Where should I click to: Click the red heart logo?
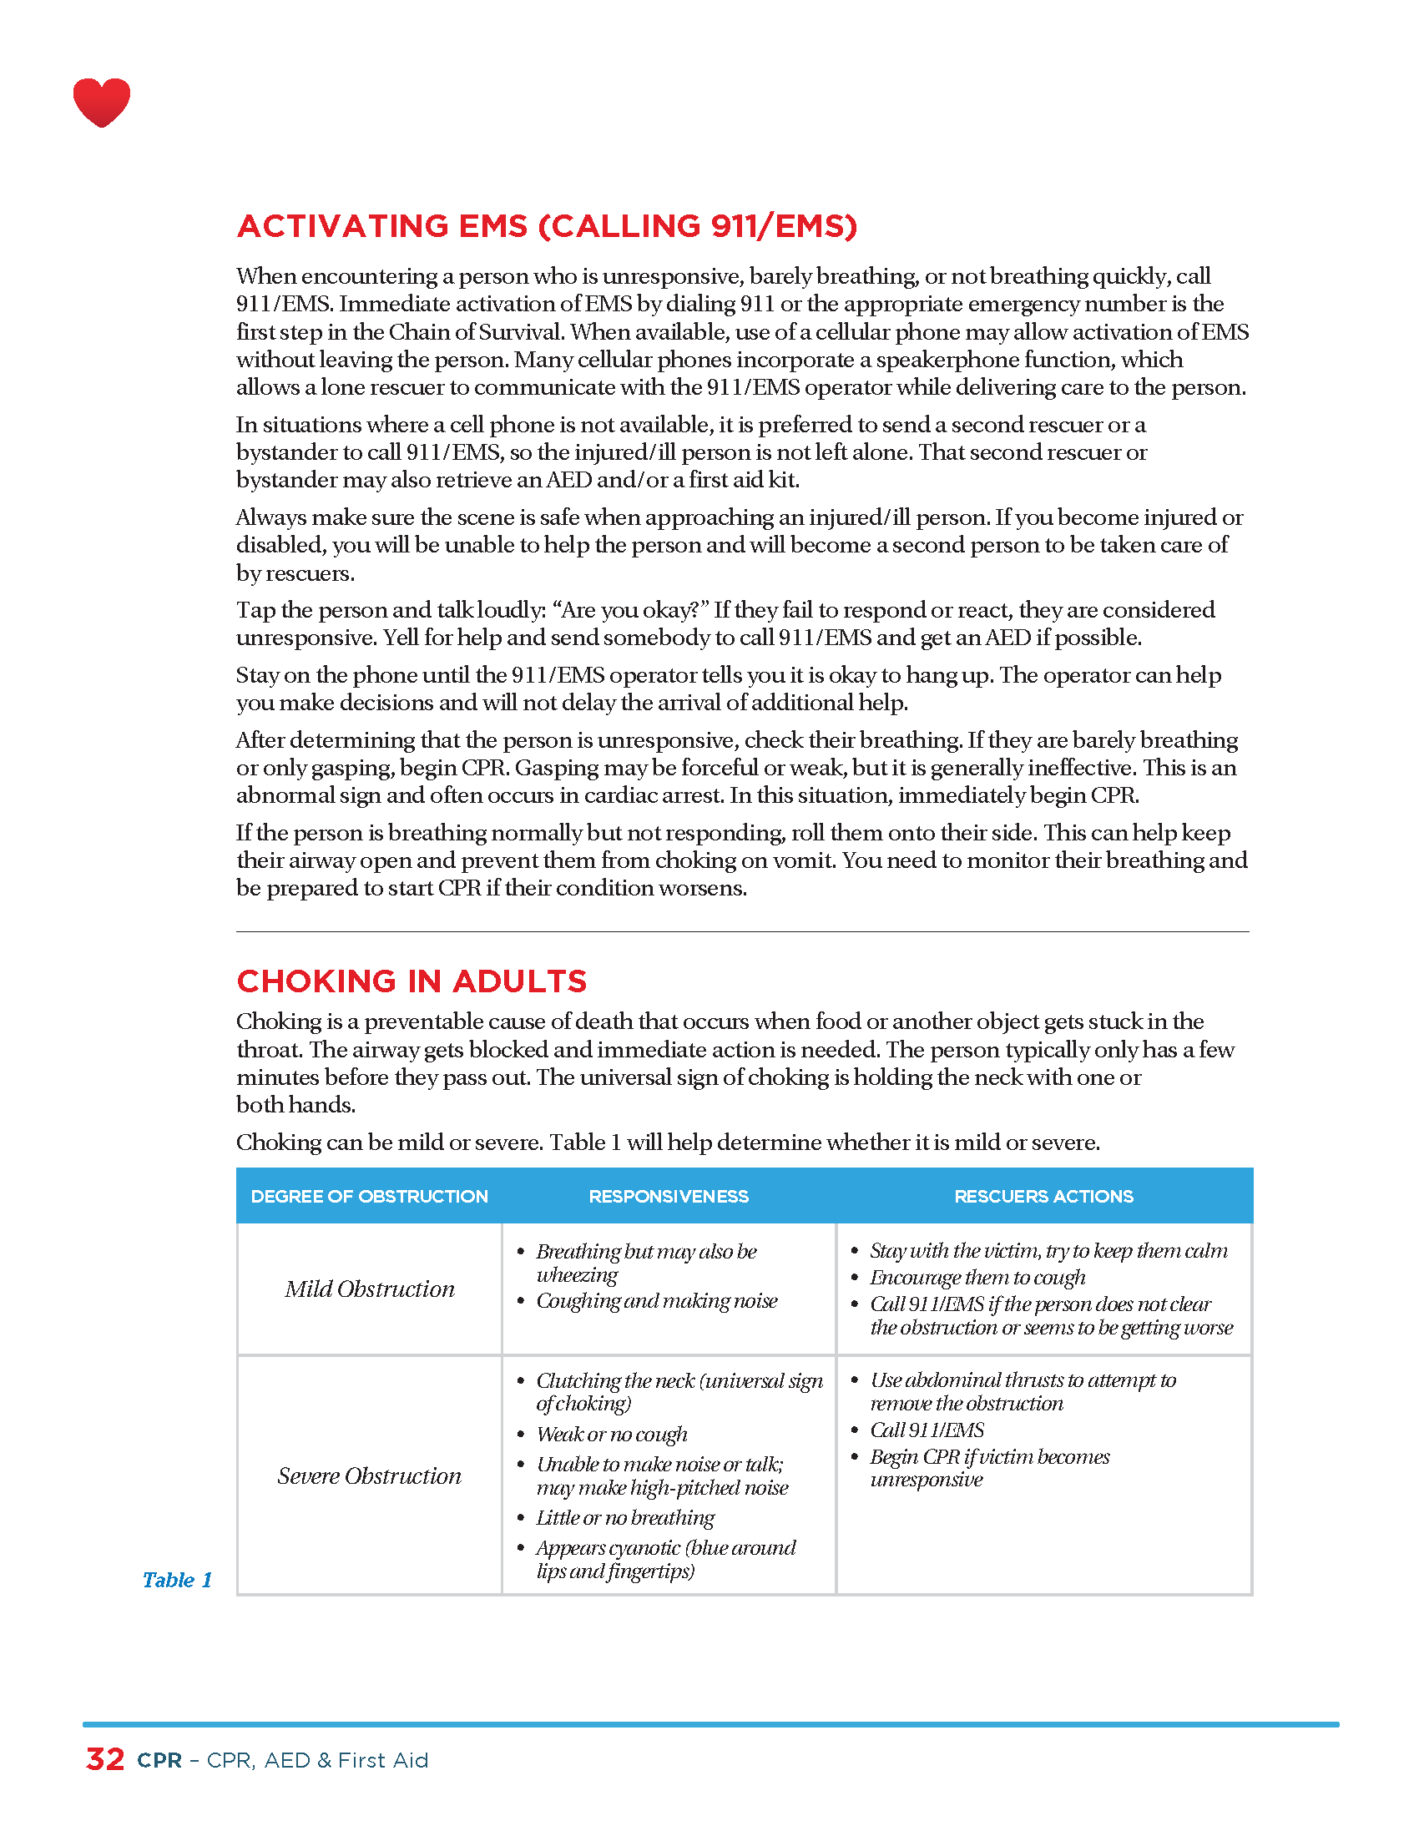[102, 102]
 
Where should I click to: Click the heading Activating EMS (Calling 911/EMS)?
[547, 226]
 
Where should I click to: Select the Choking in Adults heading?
[411, 981]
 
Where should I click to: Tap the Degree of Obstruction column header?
[369, 1196]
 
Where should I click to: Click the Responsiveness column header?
[669, 1196]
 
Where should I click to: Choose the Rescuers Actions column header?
[1043, 1196]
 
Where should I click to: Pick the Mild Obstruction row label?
[369, 1289]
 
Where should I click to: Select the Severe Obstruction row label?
[369, 1475]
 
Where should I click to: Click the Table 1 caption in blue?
[176, 1580]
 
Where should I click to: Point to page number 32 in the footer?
[105, 1759]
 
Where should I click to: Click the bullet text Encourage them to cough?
[977, 1278]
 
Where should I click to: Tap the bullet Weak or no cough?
[611, 1434]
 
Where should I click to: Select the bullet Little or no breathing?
[624, 1517]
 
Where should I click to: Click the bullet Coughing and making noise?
[657, 1301]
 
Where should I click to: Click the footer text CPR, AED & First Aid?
[317, 1760]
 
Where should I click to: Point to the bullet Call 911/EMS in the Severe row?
[927, 1430]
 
